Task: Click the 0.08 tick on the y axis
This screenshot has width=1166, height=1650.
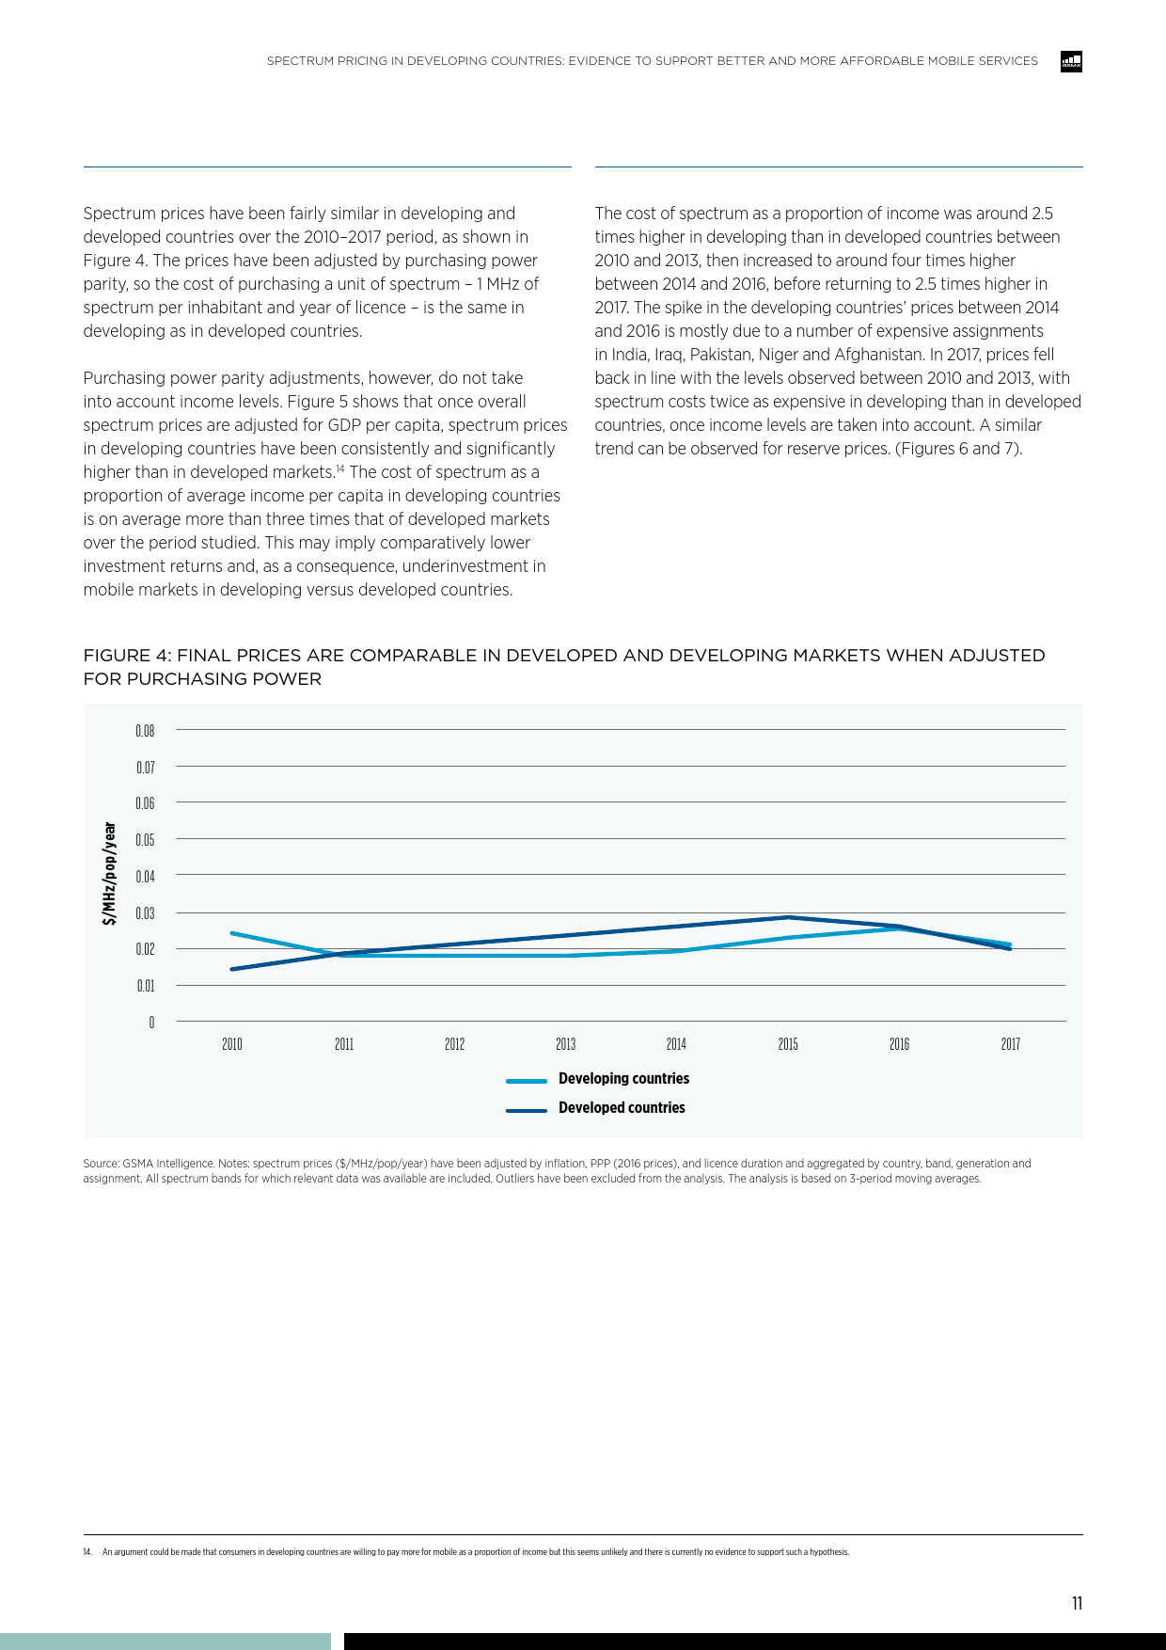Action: point(145,731)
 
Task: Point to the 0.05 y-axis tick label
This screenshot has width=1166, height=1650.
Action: point(145,840)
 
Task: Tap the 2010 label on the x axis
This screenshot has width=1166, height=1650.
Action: point(232,1044)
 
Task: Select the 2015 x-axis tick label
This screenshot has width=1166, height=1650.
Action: point(788,1044)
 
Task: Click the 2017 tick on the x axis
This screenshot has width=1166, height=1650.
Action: point(1010,1044)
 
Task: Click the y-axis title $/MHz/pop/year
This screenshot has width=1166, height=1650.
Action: point(110,874)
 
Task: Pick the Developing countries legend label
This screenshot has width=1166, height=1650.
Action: point(623,1079)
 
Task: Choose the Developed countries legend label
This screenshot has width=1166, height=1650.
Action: point(622,1108)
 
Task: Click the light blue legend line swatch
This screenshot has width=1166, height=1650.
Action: point(527,1081)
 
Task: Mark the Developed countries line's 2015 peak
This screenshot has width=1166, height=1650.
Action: point(788,917)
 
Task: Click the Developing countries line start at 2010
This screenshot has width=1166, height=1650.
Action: point(232,933)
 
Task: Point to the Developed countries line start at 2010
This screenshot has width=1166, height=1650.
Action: point(232,969)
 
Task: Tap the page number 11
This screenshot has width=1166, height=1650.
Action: point(1077,1604)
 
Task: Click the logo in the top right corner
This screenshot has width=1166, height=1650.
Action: point(1071,62)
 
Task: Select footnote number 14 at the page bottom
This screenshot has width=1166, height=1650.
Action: point(87,1552)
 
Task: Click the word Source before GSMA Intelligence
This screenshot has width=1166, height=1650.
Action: point(101,1164)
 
